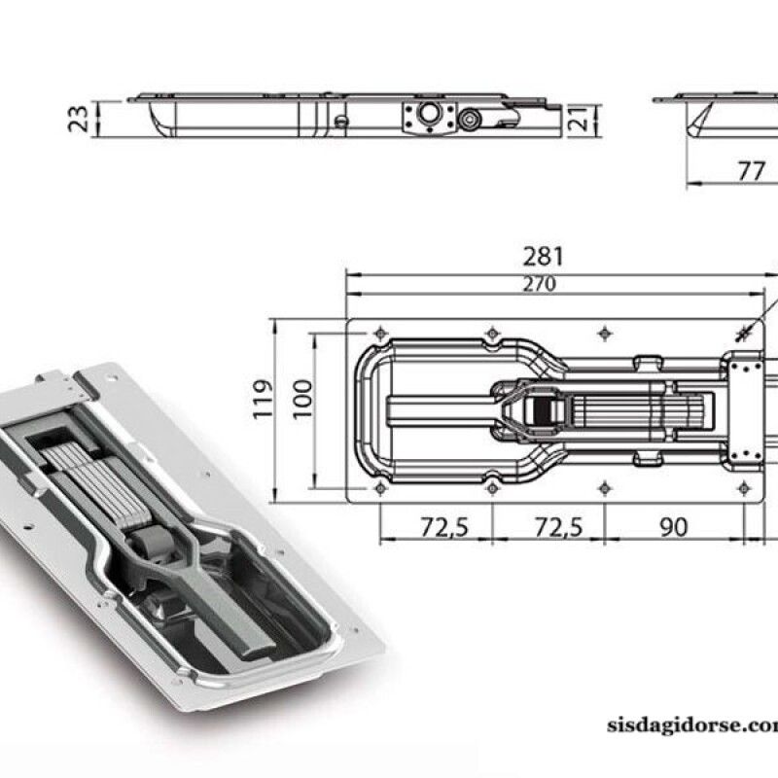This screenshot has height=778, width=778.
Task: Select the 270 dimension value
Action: pyautogui.click(x=538, y=284)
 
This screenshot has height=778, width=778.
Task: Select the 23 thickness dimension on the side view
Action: pyautogui.click(x=83, y=118)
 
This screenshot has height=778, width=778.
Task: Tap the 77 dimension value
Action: pyautogui.click(x=750, y=171)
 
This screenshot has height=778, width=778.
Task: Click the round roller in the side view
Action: pyautogui.click(x=472, y=121)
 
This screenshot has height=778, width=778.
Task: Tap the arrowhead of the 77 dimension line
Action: pyautogui.click(x=691, y=182)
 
